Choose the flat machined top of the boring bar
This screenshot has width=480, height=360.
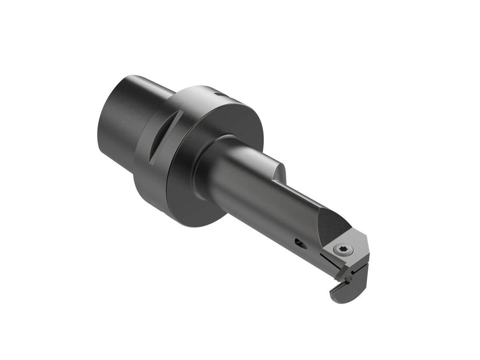click(304, 200)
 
